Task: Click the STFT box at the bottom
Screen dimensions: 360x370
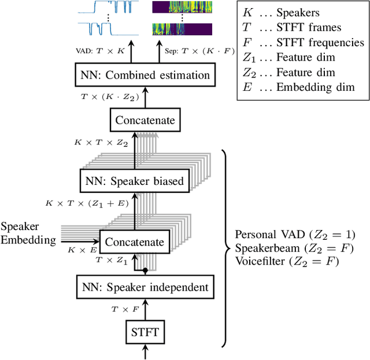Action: click(144, 333)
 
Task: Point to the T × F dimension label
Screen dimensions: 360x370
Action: click(125, 310)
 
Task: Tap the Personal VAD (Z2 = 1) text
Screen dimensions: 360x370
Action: click(295, 235)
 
